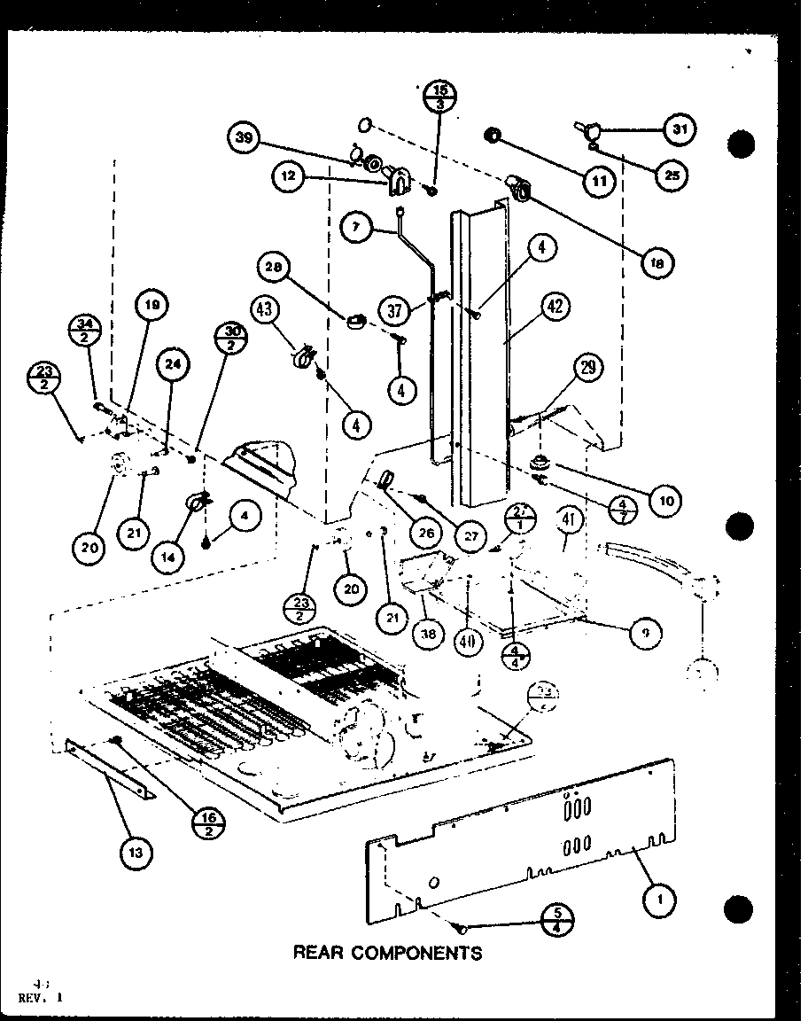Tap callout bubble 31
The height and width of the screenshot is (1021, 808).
[x=680, y=130]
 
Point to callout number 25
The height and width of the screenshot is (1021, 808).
[x=672, y=175]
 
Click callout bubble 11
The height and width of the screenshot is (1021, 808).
[x=599, y=182]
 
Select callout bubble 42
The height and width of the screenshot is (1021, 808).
[x=555, y=308]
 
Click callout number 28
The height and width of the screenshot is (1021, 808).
[x=274, y=267]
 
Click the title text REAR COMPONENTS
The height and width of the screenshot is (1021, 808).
[x=388, y=954]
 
